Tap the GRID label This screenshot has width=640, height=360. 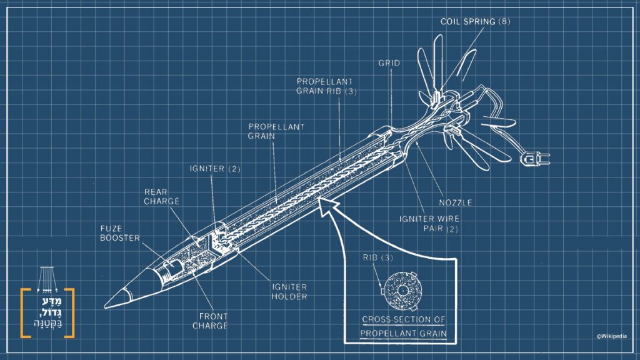389,63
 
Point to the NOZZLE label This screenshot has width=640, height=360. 454,202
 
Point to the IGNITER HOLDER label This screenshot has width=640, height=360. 289,291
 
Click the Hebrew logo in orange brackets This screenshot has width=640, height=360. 47,313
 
